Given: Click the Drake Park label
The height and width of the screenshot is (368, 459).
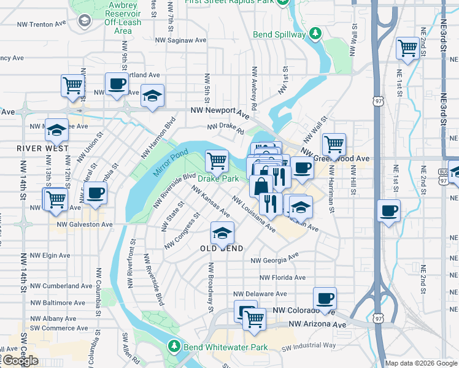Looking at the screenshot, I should coord(218,179).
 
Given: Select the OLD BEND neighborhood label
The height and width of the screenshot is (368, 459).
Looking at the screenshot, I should coord(222,248).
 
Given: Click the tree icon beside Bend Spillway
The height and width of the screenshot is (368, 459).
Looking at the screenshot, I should coord(315,33).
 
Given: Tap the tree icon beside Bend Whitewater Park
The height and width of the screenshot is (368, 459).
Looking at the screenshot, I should coord(174,347).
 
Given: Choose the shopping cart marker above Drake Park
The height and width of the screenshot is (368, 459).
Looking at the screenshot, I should coord(217,161).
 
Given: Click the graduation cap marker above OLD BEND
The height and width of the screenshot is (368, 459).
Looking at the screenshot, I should coord(222,232).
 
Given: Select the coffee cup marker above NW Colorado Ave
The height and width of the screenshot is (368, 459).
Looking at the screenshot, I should coord(325,298).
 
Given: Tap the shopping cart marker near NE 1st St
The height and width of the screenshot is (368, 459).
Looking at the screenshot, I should coord(407,48).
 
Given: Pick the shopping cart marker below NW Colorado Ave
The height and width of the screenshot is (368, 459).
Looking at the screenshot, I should coord(254,318).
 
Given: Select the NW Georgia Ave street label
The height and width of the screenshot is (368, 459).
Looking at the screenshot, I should coord(275,260).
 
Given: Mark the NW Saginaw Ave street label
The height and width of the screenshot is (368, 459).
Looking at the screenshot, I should coord(181,40).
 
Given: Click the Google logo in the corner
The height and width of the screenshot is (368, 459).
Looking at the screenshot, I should coord(20,361).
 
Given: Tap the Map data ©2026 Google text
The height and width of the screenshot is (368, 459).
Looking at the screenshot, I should coord(420,363).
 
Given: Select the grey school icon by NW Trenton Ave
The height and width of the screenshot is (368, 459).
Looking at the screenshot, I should coord(83,21).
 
